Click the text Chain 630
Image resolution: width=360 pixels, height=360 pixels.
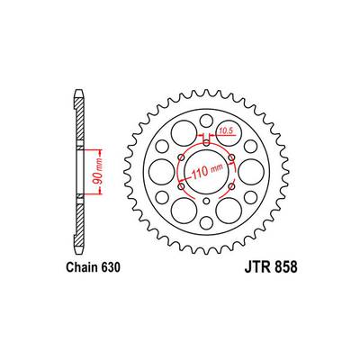[94, 267]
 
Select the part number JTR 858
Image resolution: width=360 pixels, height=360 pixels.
[271, 267]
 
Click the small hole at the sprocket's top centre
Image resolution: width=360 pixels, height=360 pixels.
[206, 121]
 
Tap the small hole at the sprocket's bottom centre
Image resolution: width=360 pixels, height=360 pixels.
[206, 222]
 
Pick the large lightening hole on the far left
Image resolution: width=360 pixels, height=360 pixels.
[162, 172]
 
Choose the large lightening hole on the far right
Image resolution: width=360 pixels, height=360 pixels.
[251, 172]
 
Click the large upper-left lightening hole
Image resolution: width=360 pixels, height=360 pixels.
[184, 133]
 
